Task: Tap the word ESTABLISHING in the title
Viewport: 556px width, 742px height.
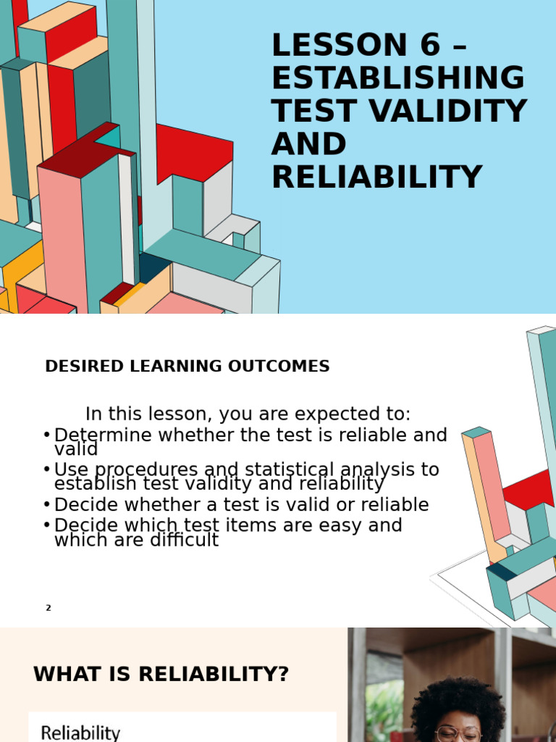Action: pyautogui.click(x=397, y=78)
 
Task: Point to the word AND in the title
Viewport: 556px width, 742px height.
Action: pyautogui.click(x=309, y=144)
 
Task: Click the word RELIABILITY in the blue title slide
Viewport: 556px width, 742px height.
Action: pyautogui.click(x=376, y=178)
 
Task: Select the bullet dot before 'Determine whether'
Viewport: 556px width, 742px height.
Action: pyautogui.click(x=46, y=435)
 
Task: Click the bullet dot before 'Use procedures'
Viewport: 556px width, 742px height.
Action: pyautogui.click(x=46, y=469)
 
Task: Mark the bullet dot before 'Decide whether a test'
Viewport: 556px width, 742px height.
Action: pyautogui.click(x=46, y=504)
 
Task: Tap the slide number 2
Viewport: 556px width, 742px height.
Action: pyautogui.click(x=49, y=608)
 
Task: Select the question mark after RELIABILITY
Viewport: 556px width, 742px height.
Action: pyautogui.click(x=282, y=675)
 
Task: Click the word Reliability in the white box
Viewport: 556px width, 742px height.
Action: pyautogui.click(x=80, y=733)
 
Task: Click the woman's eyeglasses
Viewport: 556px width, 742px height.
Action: pyautogui.click(x=458, y=733)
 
